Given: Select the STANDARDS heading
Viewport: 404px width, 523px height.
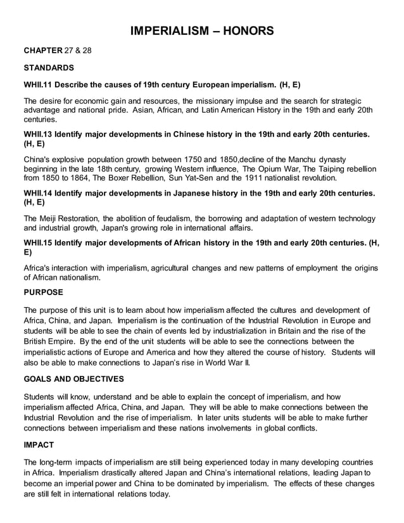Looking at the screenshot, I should [x=49, y=67].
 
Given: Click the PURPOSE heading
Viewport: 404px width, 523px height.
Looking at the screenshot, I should [x=44, y=293].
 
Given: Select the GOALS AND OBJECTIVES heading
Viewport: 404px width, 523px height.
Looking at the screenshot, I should [x=73, y=379].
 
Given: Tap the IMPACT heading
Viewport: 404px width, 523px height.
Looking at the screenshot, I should [x=39, y=445].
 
